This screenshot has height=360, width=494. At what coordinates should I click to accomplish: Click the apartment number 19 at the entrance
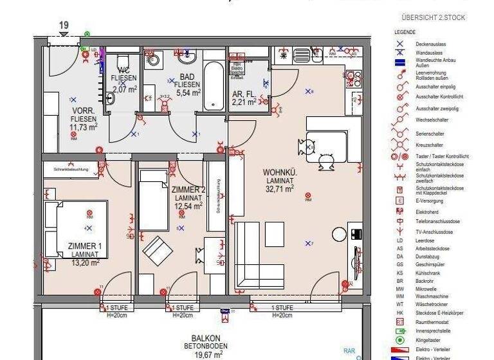tap(64, 26)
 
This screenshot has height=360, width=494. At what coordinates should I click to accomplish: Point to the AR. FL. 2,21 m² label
tap(246, 97)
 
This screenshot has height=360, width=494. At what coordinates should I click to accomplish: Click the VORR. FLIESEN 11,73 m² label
tap(84, 119)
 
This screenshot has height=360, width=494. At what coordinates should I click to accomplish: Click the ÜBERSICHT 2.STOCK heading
tap(433, 17)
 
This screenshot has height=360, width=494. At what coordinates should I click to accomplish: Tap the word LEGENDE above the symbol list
tap(405, 32)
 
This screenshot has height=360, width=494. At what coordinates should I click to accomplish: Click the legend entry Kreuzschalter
tap(432, 145)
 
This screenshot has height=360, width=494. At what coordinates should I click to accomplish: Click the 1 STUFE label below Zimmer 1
tap(116, 308)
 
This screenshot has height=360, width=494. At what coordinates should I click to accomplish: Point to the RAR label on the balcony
tap(349, 351)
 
